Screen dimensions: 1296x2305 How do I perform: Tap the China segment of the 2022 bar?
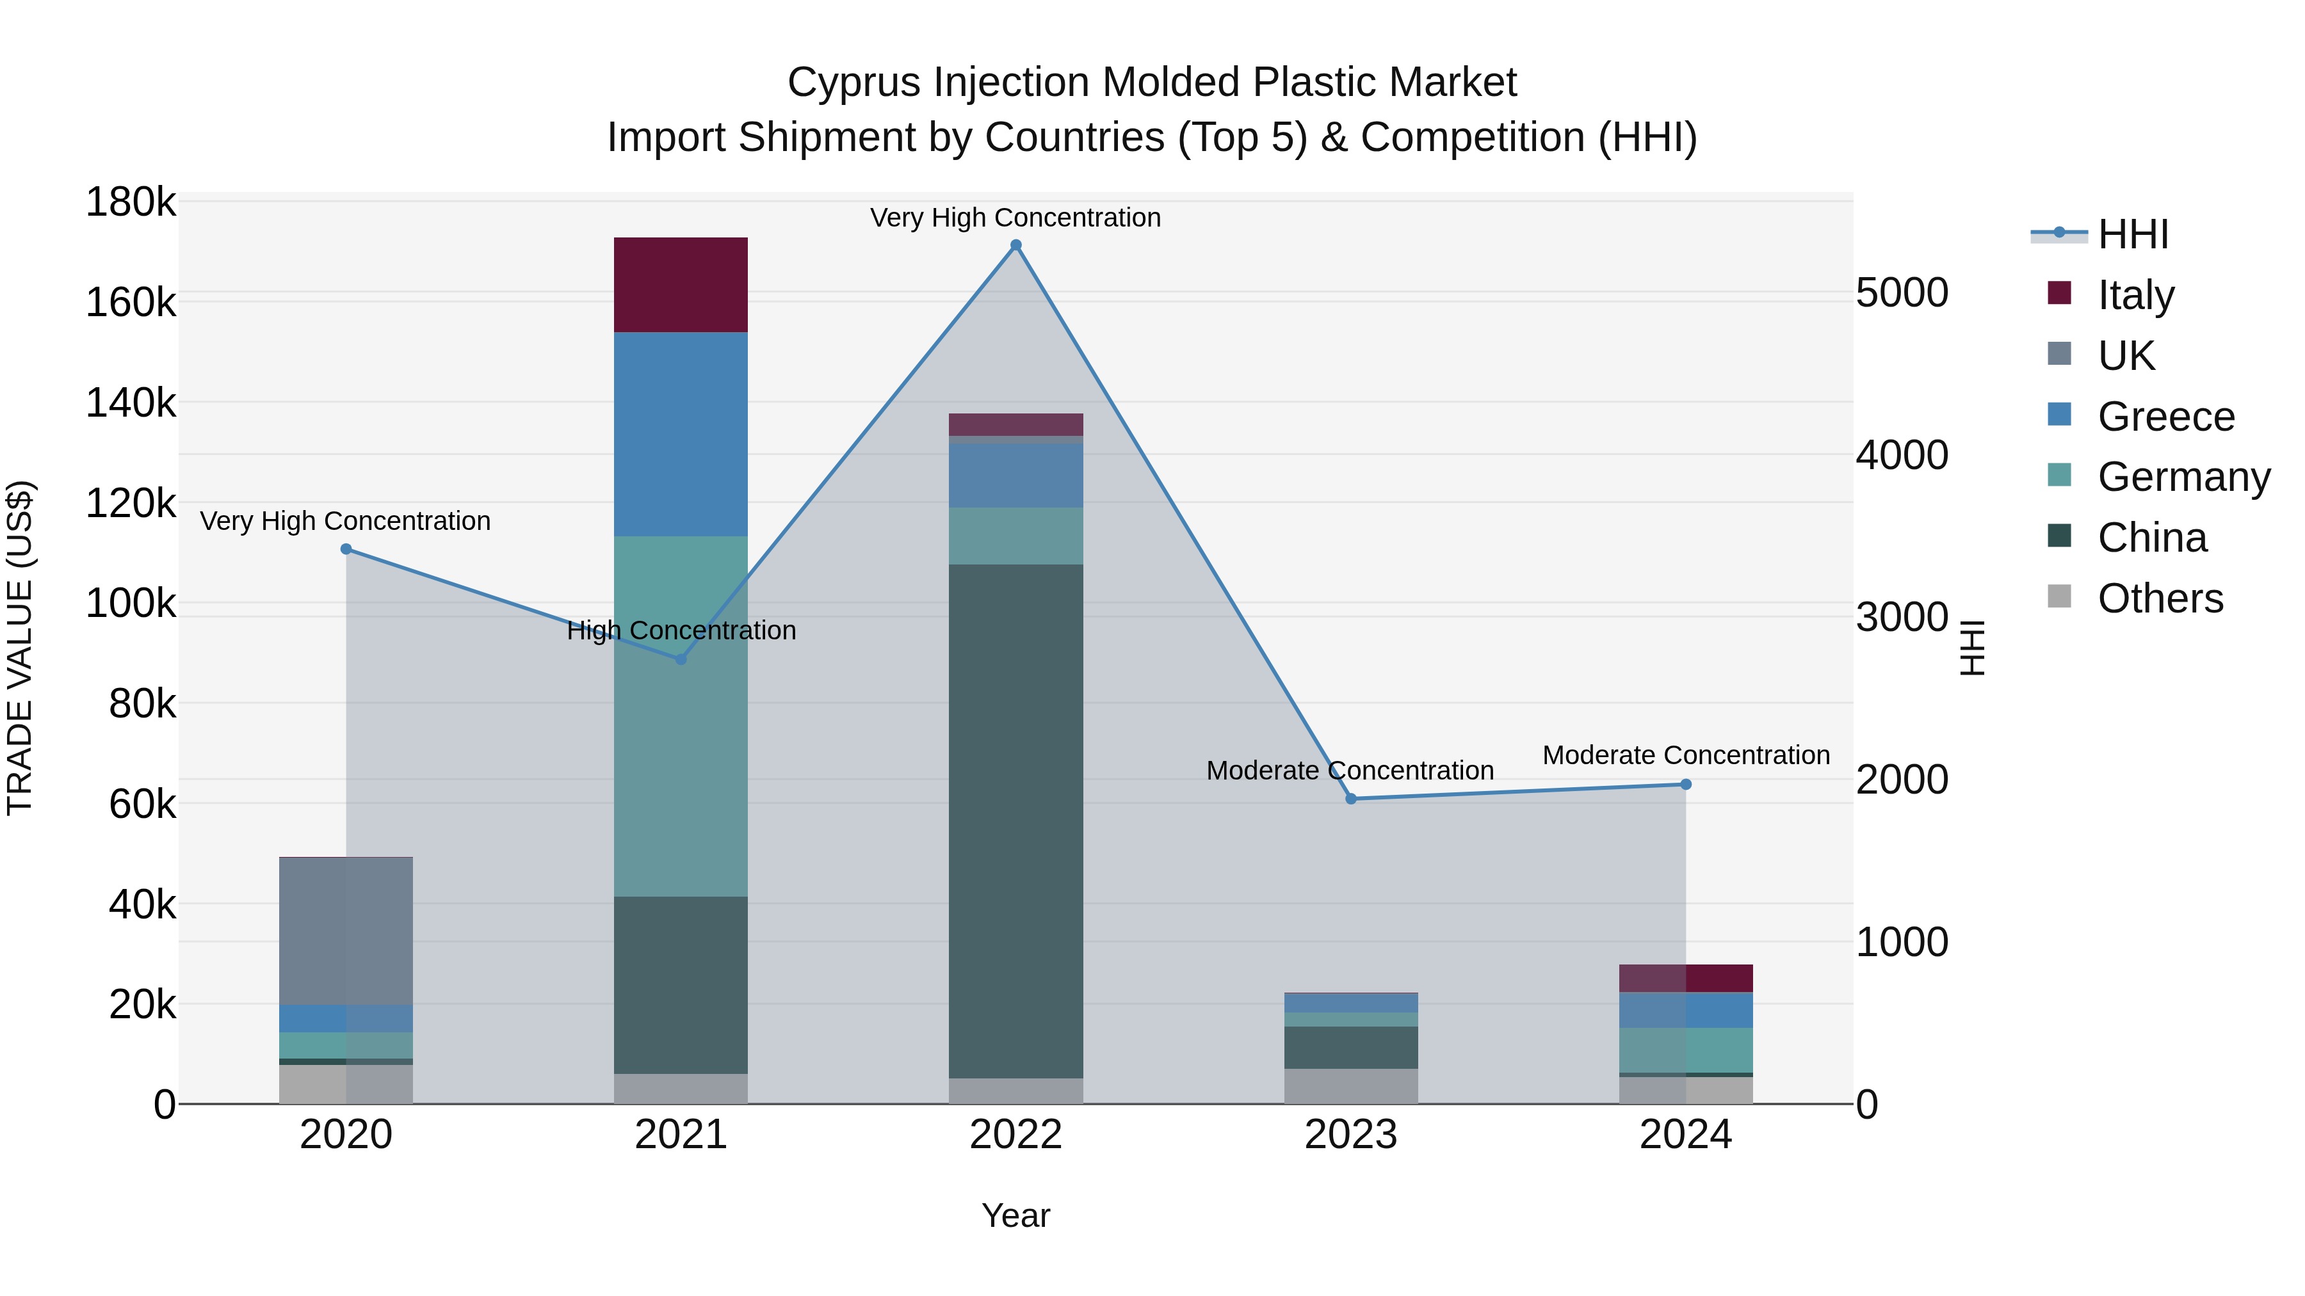pyautogui.click(x=1015, y=820)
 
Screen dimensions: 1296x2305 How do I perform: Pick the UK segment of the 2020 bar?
pyautogui.click(x=346, y=930)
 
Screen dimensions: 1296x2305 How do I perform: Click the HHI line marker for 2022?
pyautogui.click(x=1015, y=245)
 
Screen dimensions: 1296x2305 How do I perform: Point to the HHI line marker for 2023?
pyautogui.click(x=1351, y=799)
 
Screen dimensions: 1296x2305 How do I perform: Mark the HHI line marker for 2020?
pyautogui.click(x=346, y=549)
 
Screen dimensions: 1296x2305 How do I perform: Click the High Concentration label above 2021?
pyautogui.click(x=681, y=630)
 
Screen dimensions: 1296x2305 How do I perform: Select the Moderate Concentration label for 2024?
pyautogui.click(x=1686, y=755)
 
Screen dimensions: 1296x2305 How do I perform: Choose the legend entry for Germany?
pyautogui.click(x=2183, y=477)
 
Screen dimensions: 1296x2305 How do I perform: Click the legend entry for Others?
pyautogui.click(x=2160, y=598)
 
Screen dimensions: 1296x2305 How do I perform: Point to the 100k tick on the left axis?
pyautogui.click(x=131, y=604)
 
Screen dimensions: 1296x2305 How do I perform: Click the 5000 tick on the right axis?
pyautogui.click(x=1902, y=292)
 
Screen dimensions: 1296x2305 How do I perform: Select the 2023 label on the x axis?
pyautogui.click(x=1351, y=1135)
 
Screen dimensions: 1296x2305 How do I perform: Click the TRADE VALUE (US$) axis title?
pyautogui.click(x=20, y=648)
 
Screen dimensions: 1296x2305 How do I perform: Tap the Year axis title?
pyautogui.click(x=1015, y=1215)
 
